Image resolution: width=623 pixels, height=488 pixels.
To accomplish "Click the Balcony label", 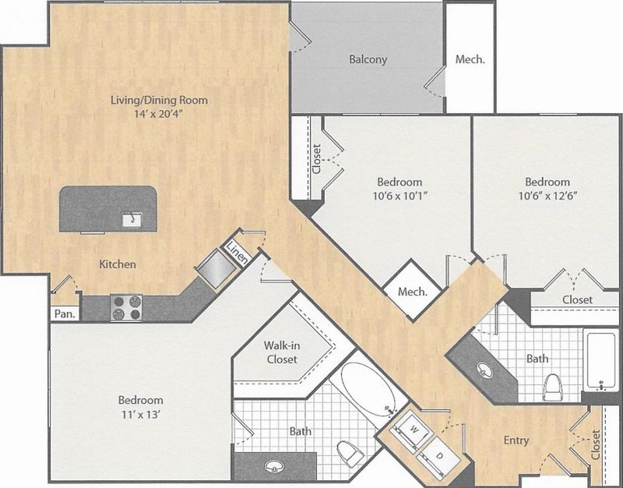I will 368,59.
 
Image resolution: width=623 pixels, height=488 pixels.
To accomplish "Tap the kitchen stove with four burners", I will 125,307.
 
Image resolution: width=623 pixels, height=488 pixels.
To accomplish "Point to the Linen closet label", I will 237,252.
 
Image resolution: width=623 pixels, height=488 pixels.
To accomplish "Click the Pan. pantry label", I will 63,314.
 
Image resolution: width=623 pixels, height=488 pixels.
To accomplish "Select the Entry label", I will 516,440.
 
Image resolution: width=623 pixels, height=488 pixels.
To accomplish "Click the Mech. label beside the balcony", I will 470,59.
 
